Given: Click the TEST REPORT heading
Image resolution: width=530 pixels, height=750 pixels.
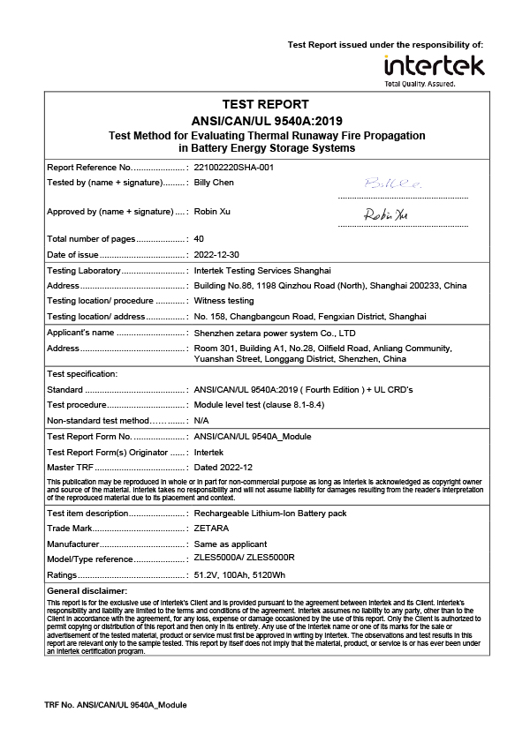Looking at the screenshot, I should coord(265,104).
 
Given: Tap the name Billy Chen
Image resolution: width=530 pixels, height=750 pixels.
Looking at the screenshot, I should coord(214,183).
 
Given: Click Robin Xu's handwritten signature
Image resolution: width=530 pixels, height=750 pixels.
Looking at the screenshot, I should coord(386,214).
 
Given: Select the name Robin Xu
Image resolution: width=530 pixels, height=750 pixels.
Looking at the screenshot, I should coord(212,212).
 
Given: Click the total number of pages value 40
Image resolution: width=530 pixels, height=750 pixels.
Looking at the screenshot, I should coord(199,239).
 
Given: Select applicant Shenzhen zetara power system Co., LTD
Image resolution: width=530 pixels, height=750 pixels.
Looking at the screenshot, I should coord(274,333).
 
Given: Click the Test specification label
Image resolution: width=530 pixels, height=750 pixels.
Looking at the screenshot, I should coord(81,374).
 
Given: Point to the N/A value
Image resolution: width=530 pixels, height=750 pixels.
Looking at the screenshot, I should coord(201,420).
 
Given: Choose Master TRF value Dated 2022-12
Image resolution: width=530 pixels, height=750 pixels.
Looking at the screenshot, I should coord(223,467).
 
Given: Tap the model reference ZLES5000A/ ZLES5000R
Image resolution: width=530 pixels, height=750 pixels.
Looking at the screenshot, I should coord(244,559).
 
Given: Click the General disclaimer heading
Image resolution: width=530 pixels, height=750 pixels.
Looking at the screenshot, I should coord(87,590).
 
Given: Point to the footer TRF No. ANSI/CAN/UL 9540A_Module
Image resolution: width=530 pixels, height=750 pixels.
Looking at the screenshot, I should coord(116,705).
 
